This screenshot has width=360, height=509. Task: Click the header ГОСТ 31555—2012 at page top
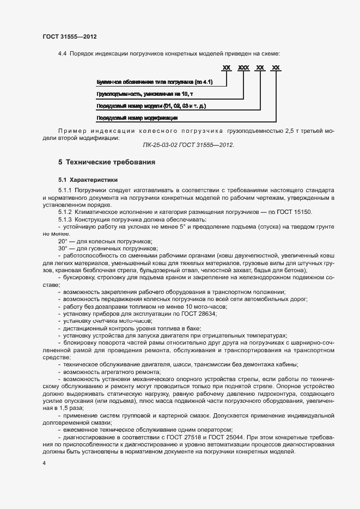[70, 36]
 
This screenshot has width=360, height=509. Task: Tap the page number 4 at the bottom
[44, 463]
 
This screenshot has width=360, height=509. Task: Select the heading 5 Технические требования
[107, 162]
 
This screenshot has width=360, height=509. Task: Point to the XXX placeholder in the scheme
[243, 68]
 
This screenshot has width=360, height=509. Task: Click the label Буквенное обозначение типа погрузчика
[154, 82]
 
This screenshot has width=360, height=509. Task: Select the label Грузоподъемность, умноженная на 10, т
[144, 94]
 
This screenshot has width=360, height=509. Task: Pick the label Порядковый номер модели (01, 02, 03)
[151, 106]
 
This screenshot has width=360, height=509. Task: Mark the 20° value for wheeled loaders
[63, 241]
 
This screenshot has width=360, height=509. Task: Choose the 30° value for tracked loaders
[63, 248]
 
